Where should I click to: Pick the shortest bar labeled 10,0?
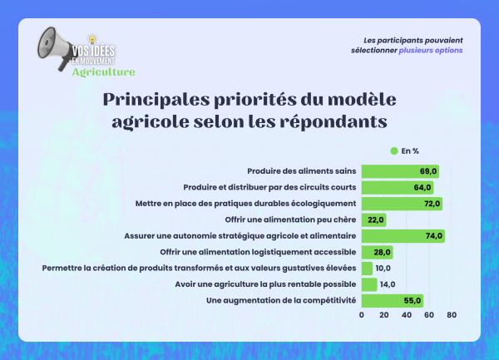[x=366, y=269]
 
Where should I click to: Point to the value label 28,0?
[x=382, y=252]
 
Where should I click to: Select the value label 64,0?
[x=422, y=188]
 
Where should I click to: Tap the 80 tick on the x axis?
[x=452, y=316]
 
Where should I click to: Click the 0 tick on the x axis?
[x=362, y=316]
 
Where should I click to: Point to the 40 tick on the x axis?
[x=407, y=316]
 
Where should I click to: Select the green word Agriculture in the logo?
[x=103, y=72]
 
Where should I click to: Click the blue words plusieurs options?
[x=431, y=51]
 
